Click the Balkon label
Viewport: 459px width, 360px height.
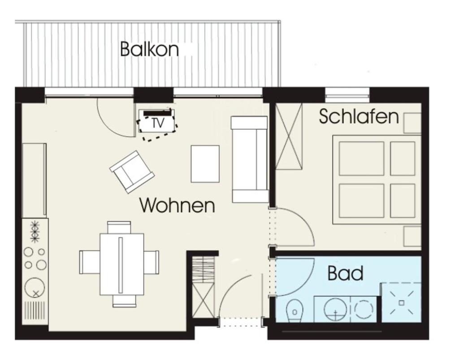149,49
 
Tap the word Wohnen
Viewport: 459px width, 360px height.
177,205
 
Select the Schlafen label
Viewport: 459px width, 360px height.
359,116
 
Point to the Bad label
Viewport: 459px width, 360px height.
346,273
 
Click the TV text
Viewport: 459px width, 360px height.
158,123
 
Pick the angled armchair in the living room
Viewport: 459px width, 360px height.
132,172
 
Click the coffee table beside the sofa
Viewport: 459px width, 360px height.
205,164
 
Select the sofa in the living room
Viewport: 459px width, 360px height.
250,159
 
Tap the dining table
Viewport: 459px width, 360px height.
122,264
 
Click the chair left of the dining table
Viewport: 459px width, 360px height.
90,262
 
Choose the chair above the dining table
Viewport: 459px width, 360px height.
119,227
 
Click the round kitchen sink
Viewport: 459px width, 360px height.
35,288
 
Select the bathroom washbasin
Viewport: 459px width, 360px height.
335,310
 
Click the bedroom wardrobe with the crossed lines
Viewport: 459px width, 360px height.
289,136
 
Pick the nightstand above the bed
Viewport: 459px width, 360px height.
412,123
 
